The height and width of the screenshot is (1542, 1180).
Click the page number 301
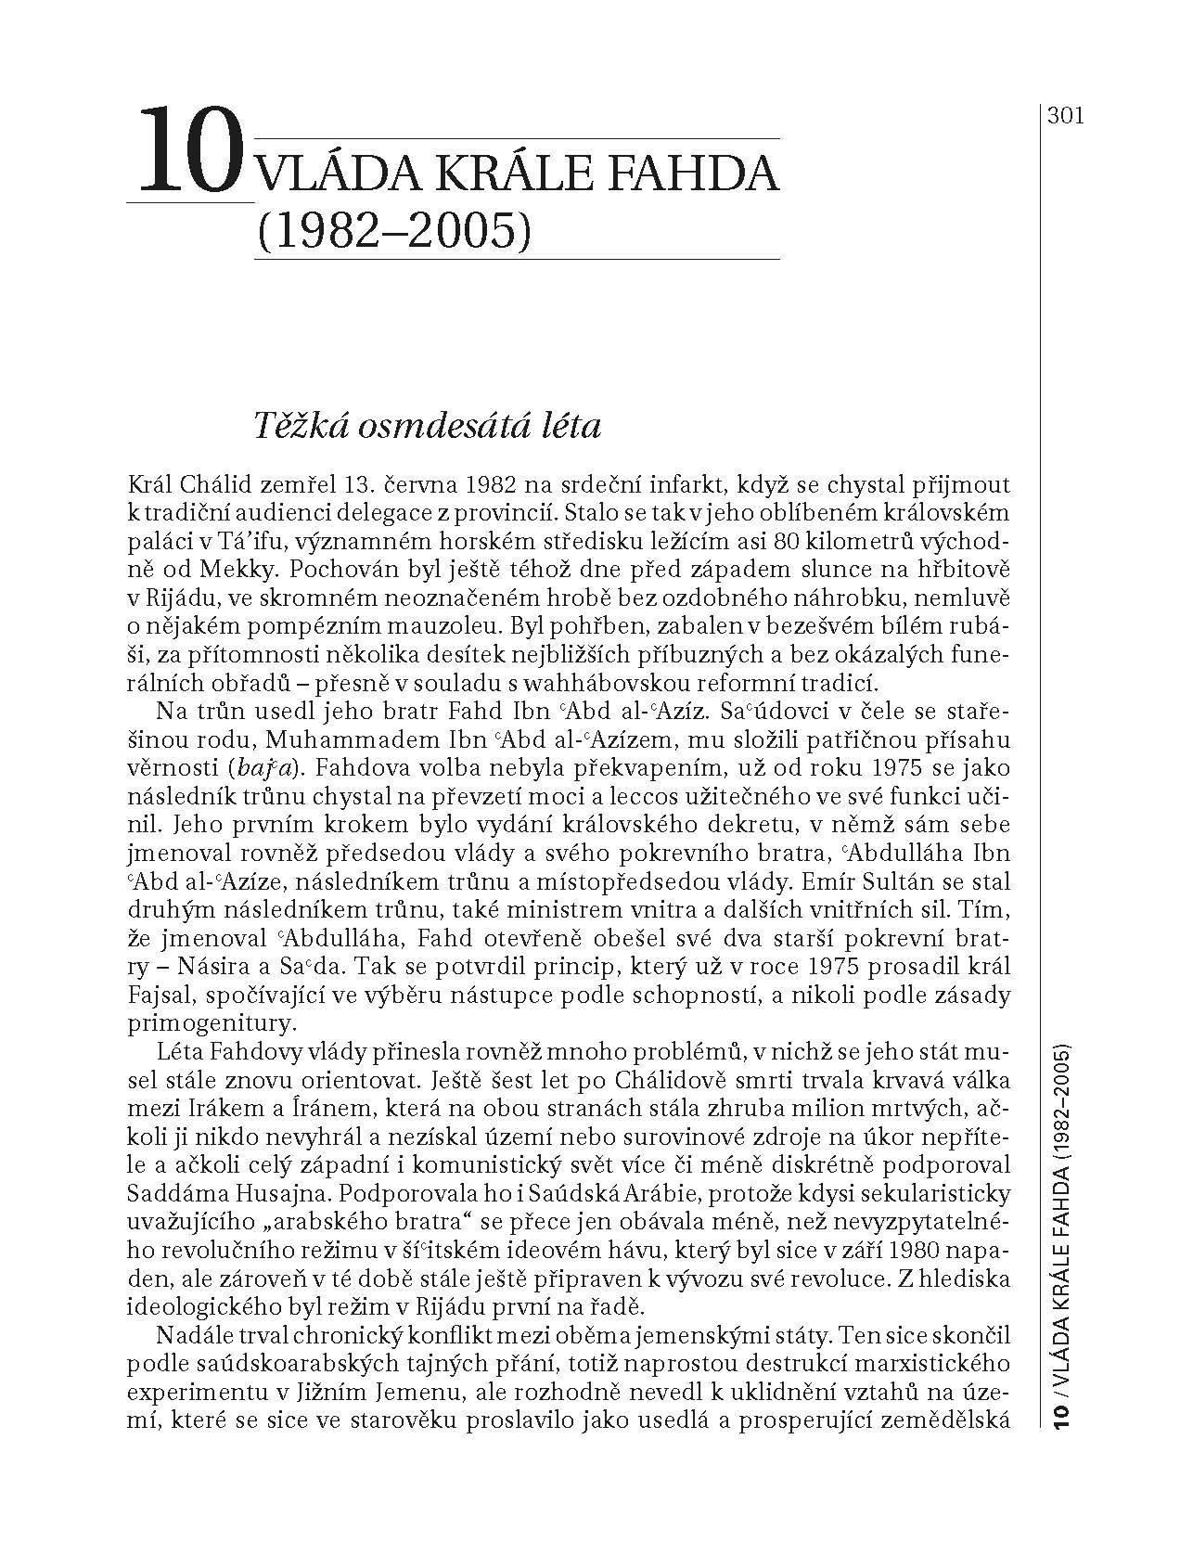pyautogui.click(x=1066, y=116)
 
